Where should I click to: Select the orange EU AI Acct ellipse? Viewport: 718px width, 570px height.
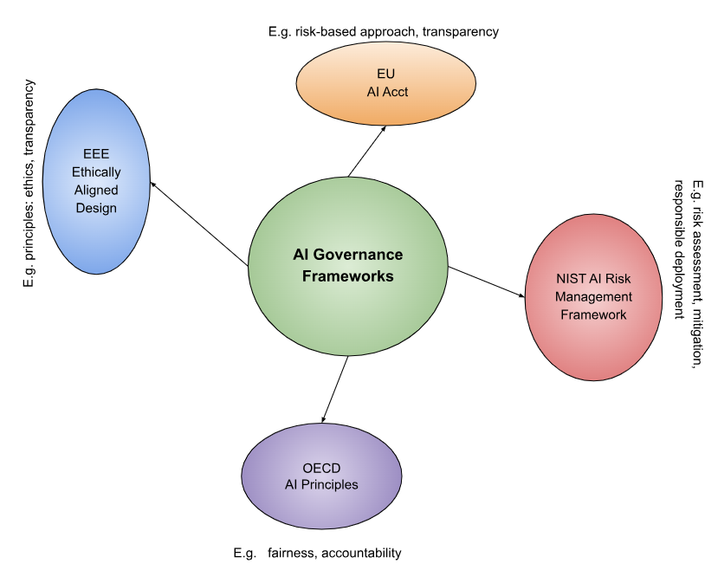click(385, 83)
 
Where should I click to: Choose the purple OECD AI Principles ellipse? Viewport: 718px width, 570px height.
click(321, 476)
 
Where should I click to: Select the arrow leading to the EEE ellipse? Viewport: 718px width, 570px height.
click(199, 223)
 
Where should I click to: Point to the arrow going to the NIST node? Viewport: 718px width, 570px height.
click(487, 283)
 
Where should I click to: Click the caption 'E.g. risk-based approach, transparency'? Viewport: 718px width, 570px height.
click(384, 32)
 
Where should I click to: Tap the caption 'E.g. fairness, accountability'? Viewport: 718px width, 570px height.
click(317, 553)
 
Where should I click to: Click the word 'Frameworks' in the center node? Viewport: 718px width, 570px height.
click(347, 276)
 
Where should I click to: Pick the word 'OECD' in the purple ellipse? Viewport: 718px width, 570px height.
click(321, 469)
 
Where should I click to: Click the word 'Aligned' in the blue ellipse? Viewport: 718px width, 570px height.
click(95, 190)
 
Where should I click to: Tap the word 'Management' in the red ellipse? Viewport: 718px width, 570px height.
click(593, 296)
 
